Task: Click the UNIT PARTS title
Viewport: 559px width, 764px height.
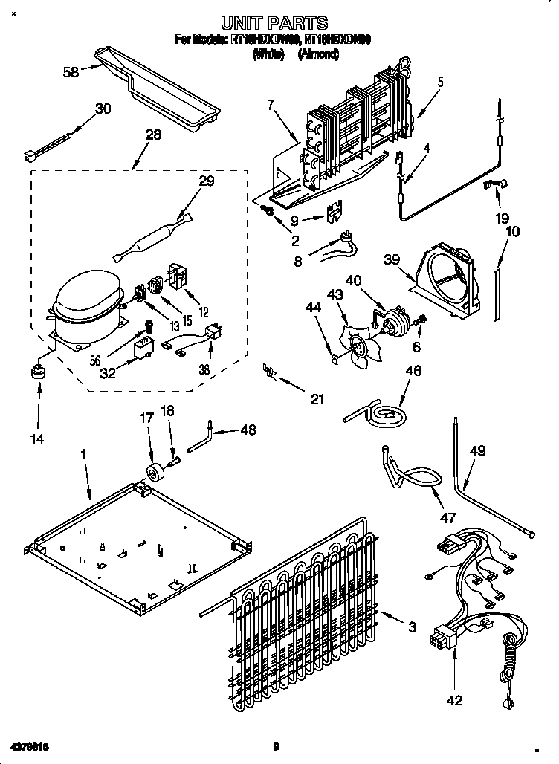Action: coord(275,23)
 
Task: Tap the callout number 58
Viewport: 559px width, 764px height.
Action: coord(71,72)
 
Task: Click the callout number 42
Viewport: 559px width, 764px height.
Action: coord(453,699)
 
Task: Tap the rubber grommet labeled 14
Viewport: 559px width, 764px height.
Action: coord(36,372)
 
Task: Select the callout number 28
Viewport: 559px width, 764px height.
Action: coord(152,135)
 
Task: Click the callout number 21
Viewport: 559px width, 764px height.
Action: coord(317,398)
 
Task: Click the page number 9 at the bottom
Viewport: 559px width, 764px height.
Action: coord(275,746)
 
